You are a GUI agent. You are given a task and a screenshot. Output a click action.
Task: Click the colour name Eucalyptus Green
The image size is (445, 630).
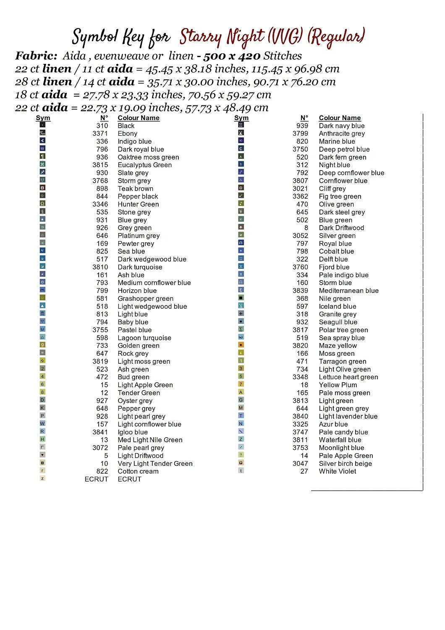144,165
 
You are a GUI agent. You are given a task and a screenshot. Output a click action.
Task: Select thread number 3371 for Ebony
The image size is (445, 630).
100,134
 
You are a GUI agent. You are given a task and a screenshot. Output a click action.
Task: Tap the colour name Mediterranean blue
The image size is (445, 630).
348,291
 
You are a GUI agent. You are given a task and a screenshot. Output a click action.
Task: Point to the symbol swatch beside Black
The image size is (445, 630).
42,125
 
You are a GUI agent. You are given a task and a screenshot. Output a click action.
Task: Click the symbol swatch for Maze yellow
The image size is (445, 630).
241,345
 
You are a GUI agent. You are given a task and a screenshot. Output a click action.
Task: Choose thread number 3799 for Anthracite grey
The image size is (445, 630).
300,134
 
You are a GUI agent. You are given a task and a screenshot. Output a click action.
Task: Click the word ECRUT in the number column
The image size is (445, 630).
96,479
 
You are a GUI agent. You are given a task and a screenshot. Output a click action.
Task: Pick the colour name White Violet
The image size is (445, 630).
337,471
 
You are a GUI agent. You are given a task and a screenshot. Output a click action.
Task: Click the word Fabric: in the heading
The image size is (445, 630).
36,56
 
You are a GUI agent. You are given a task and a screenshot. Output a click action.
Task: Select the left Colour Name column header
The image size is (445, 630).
139,118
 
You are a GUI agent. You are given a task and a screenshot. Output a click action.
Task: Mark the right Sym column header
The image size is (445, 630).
241,118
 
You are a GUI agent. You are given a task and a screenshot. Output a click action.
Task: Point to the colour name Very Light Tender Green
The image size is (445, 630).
155,464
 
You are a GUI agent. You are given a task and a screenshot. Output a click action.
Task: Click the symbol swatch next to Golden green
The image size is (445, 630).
42,345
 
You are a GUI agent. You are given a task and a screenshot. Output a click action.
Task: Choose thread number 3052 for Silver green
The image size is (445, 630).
300,236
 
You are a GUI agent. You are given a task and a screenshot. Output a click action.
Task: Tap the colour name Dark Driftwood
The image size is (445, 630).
341,228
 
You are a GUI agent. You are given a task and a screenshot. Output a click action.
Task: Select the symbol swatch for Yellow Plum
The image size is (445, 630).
241,384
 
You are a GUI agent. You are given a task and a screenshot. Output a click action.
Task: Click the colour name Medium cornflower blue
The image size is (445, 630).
154,283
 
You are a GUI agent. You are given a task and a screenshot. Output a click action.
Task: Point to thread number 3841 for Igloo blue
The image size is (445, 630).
100,432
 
